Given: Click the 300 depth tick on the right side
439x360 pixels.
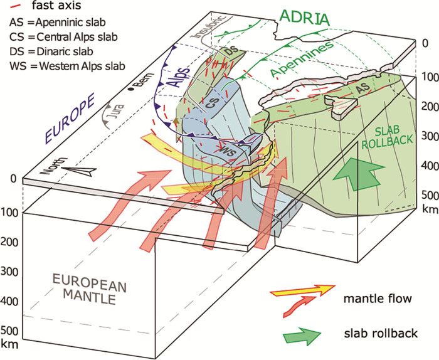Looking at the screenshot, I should click(426, 135).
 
